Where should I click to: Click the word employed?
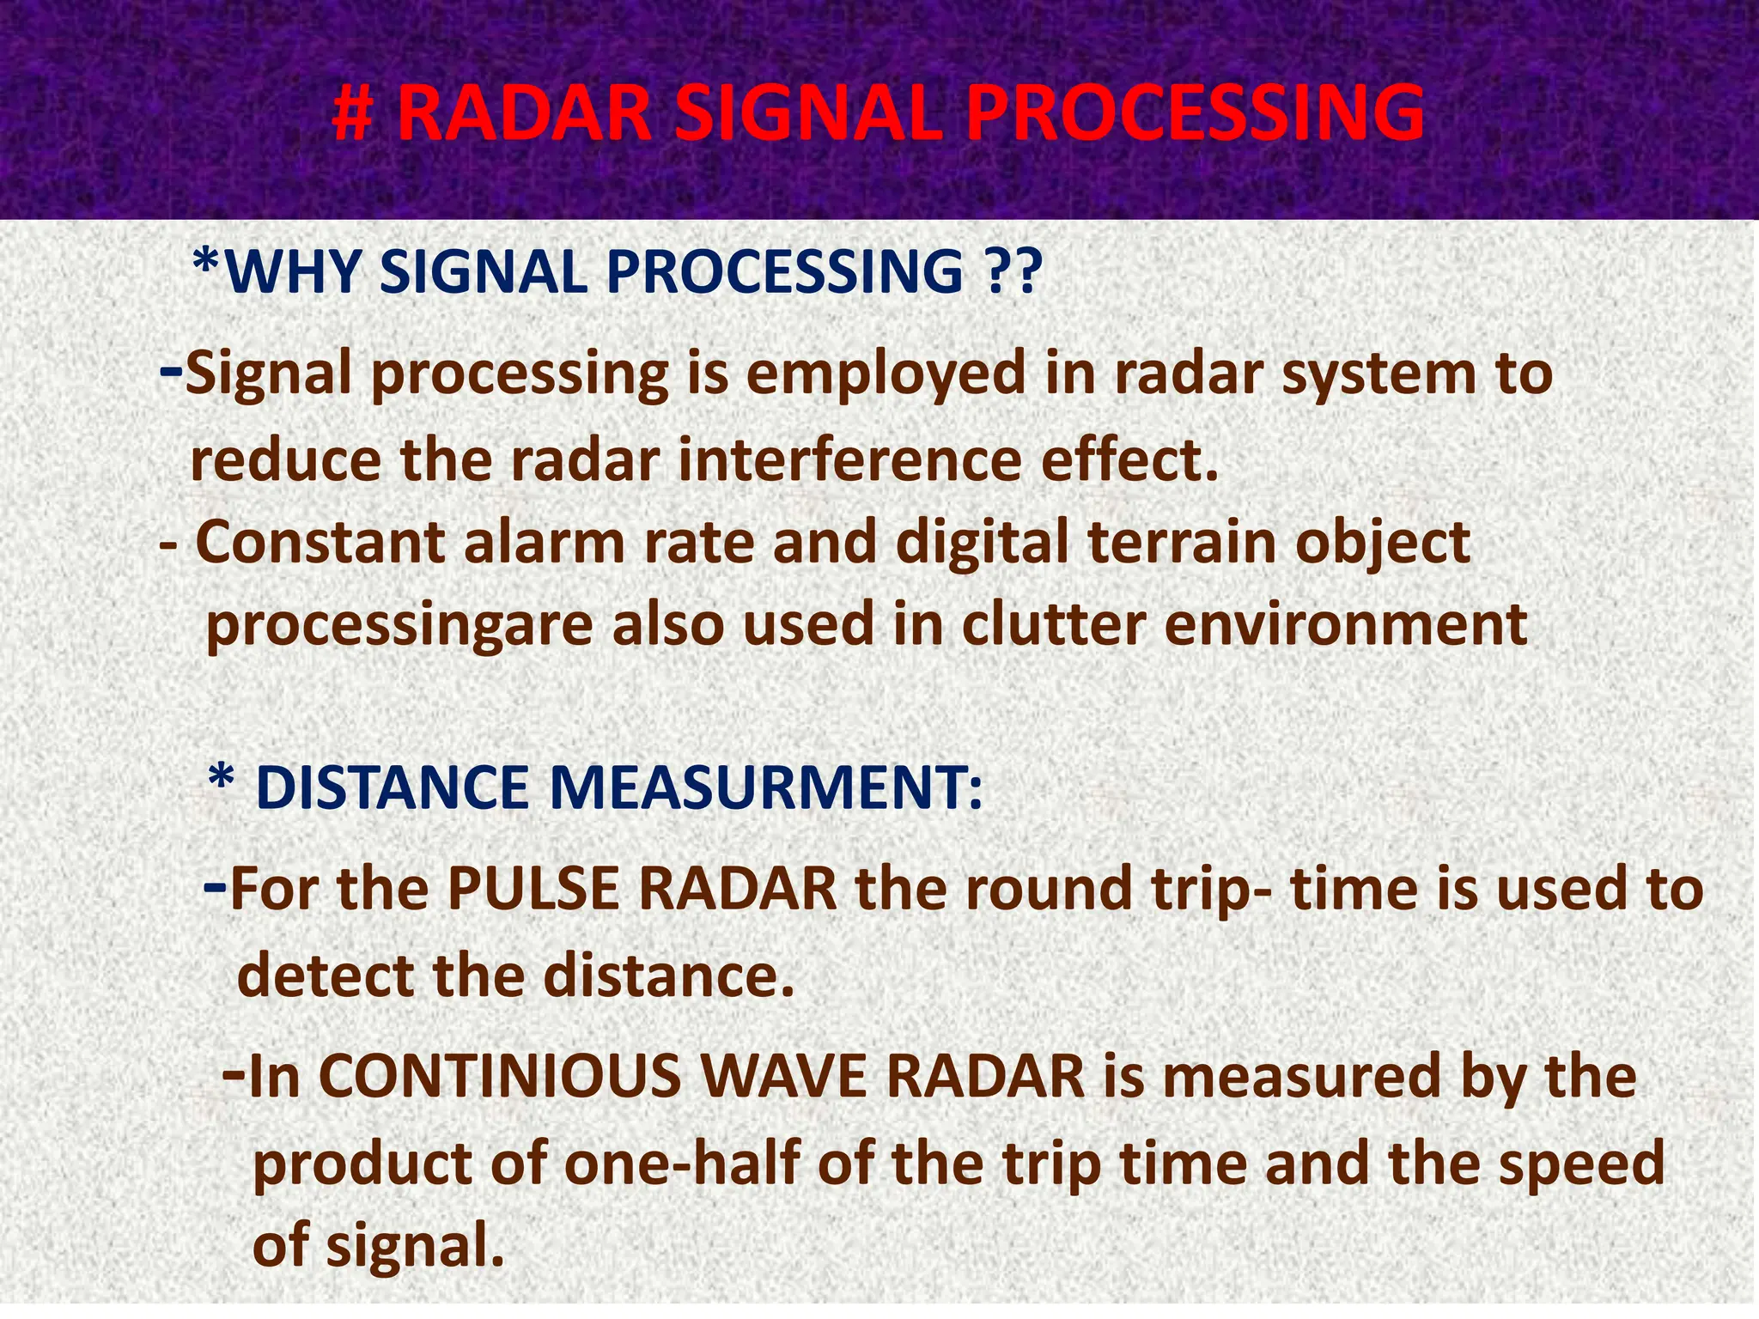point(886,374)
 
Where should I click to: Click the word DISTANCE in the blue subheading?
point(392,787)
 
